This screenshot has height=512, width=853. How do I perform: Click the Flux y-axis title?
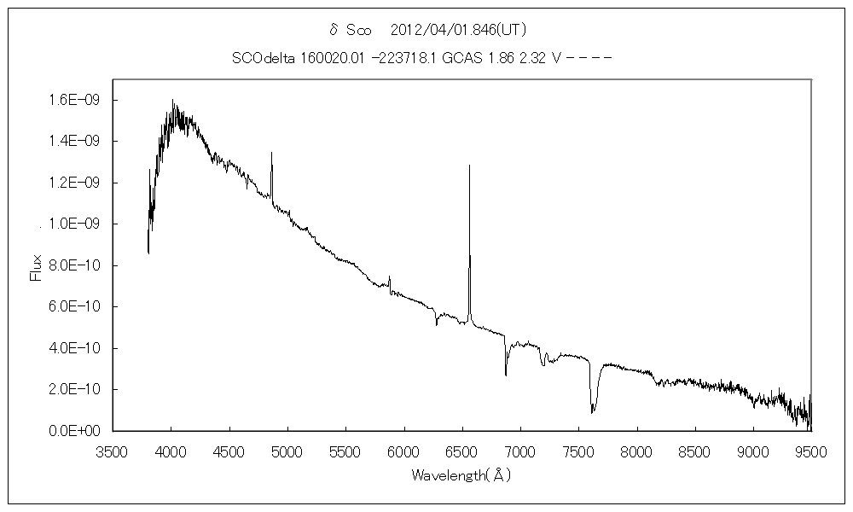[x=36, y=265]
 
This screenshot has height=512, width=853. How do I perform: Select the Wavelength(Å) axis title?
[x=461, y=474]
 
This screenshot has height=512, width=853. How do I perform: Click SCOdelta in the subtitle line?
[x=262, y=58]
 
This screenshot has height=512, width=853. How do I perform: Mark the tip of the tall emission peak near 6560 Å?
[x=469, y=166]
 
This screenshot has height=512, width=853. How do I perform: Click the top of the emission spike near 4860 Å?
[x=271, y=153]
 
